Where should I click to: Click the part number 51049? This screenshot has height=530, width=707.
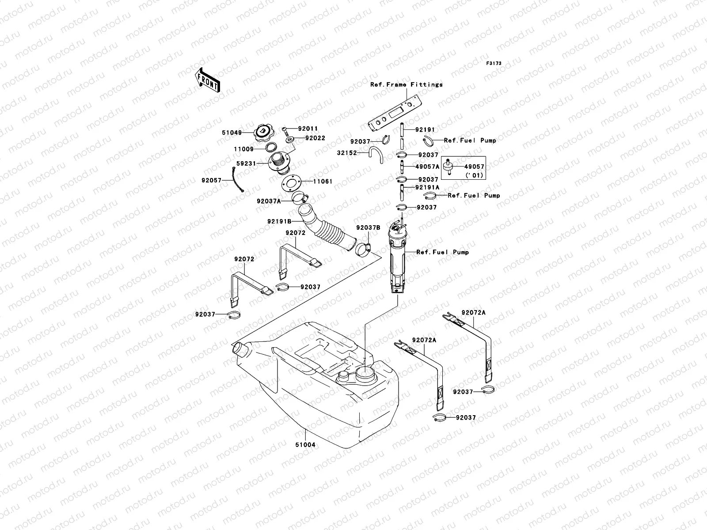232,132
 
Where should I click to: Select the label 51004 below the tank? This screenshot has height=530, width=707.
305,445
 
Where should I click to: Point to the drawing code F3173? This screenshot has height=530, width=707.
494,64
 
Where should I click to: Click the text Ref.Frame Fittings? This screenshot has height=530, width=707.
406,84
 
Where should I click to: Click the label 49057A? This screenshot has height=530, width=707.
427,167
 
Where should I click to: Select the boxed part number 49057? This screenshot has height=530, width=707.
474,167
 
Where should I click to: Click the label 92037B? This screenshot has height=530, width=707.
368,228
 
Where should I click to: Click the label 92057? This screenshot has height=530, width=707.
212,180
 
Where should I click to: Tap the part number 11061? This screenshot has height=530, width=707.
323,182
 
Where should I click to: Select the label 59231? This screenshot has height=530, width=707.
246,163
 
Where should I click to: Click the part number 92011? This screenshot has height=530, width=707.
308,129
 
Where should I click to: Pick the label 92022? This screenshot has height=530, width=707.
315,138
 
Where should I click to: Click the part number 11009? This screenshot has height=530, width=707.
243,149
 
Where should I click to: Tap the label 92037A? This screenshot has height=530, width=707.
269,201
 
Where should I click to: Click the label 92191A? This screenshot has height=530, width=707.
427,187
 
